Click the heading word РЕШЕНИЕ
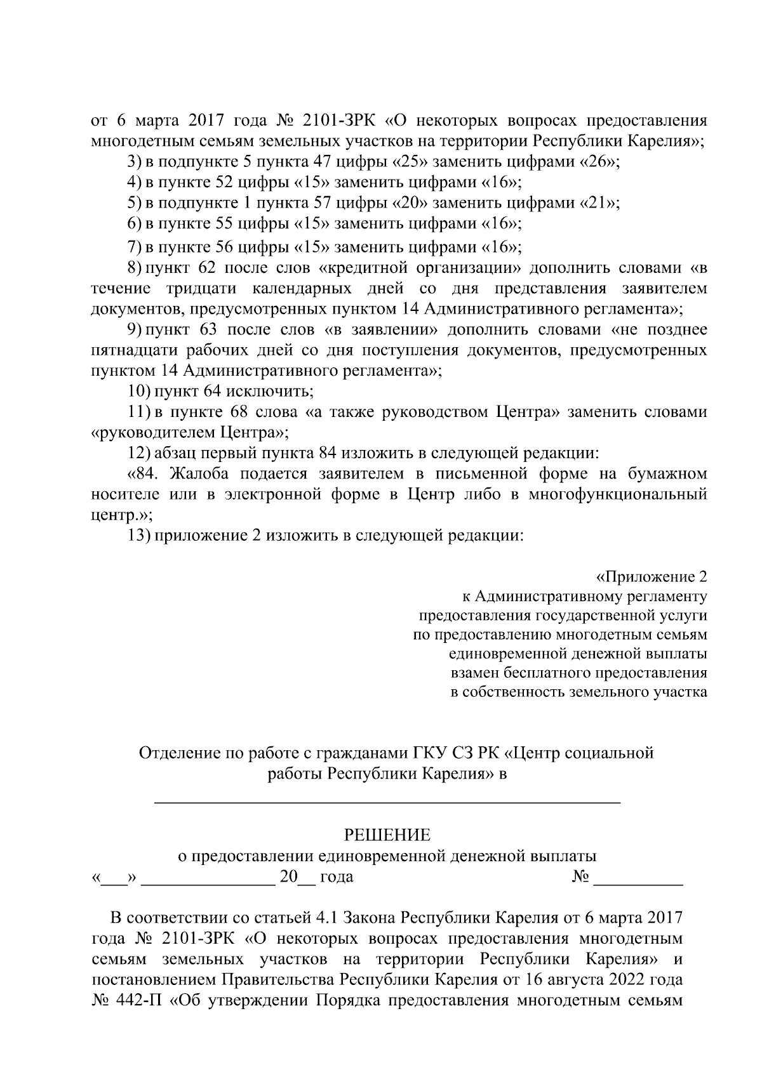click(387, 835)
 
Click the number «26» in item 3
click(598, 161)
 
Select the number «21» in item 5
click(598, 203)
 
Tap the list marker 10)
click(138, 391)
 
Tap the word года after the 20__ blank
click(337, 878)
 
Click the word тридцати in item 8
click(204, 289)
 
